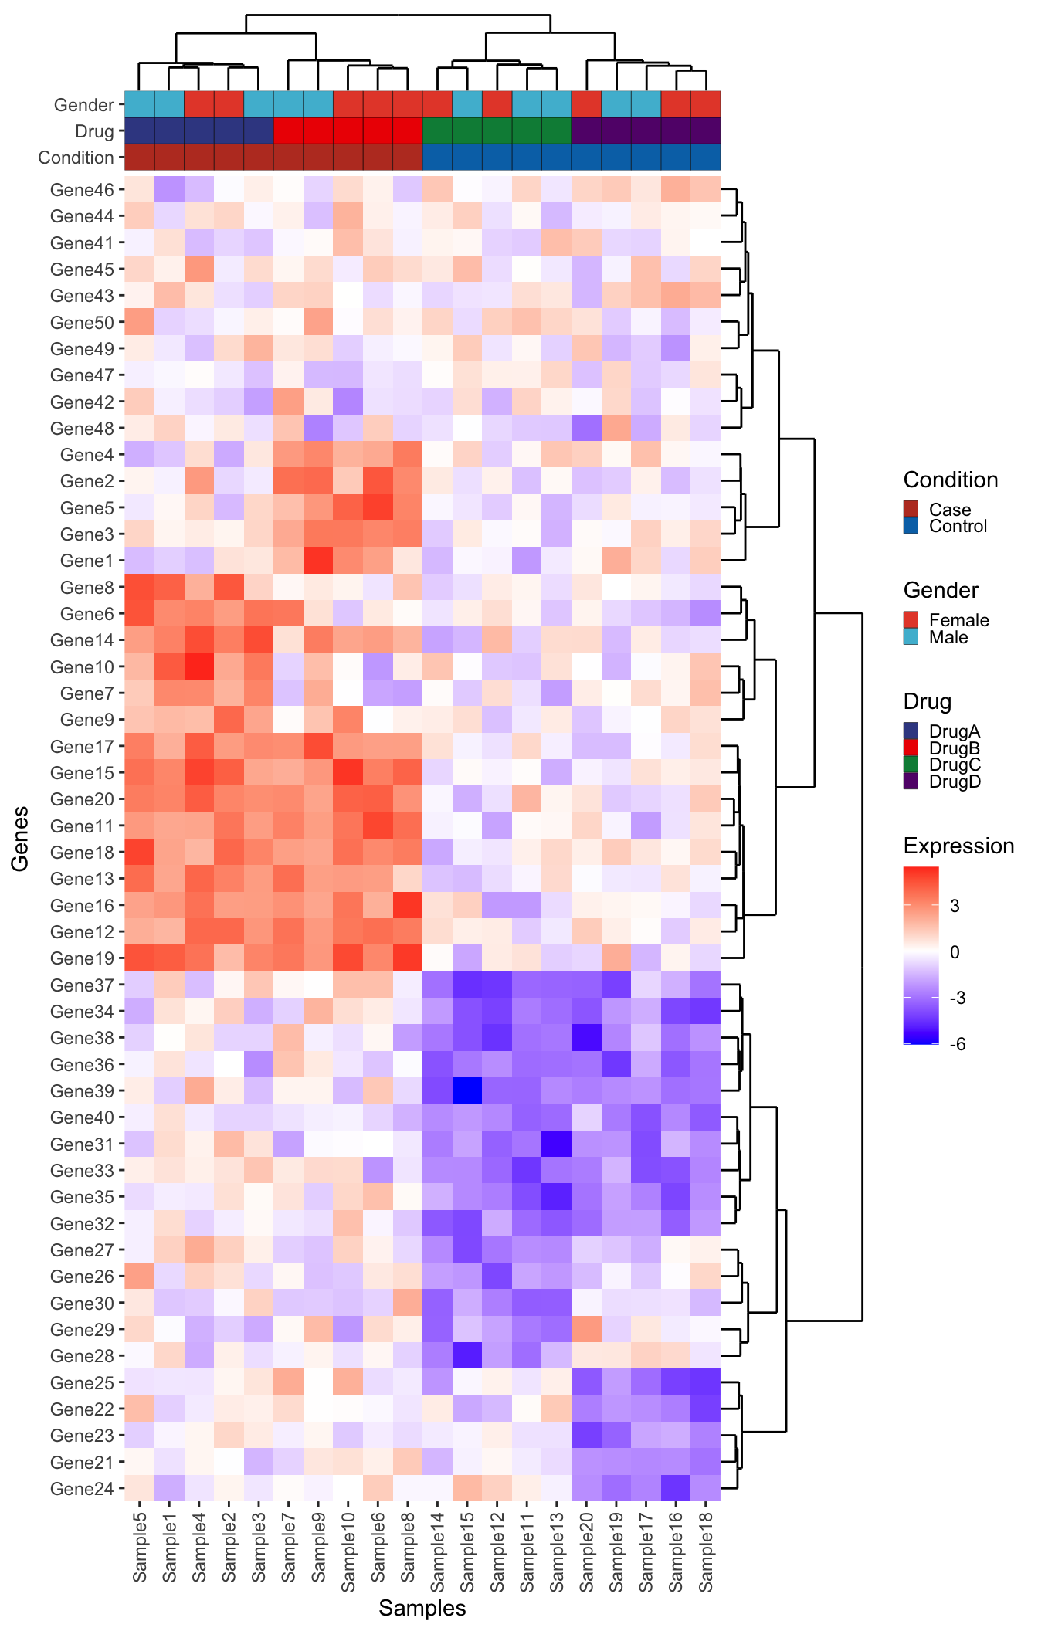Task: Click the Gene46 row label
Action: (x=81, y=190)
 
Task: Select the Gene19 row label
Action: (x=81, y=958)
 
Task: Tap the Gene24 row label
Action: (x=81, y=1488)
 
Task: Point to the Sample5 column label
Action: (x=140, y=1548)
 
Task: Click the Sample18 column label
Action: (x=705, y=1548)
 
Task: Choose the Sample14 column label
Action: (x=437, y=1548)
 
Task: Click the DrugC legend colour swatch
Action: (x=911, y=765)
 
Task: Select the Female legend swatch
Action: (x=911, y=620)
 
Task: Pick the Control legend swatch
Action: (x=911, y=526)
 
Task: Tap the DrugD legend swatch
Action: (x=911, y=782)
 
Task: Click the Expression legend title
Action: (x=958, y=846)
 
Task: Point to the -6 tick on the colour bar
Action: (x=958, y=1044)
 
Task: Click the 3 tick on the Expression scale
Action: (x=955, y=906)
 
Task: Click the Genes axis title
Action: (x=20, y=838)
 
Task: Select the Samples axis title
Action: (x=422, y=1608)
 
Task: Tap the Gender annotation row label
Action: (x=83, y=105)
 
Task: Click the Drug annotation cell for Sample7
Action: (x=289, y=131)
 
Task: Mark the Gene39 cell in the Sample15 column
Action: (x=467, y=1091)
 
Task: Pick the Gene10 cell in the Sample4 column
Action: (x=199, y=667)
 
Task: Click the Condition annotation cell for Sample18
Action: (x=705, y=157)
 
